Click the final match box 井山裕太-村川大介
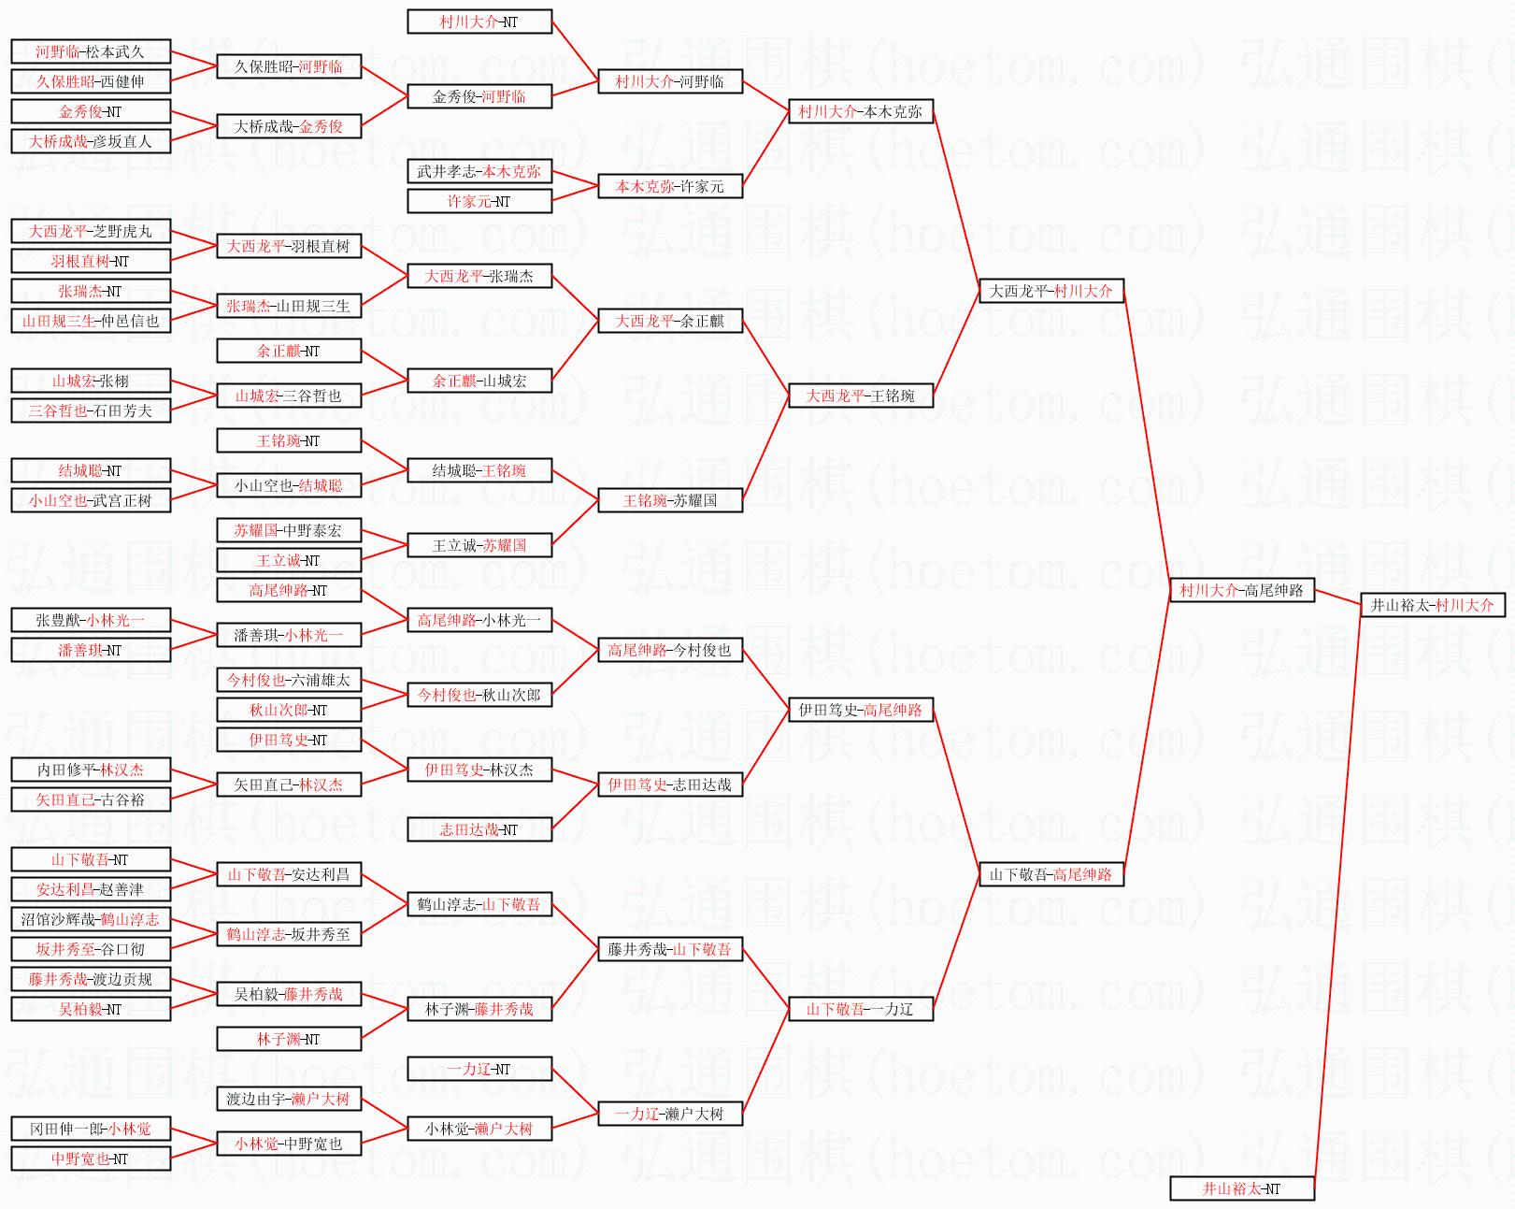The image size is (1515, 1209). tap(1432, 605)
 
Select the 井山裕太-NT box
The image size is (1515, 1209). tap(1241, 1188)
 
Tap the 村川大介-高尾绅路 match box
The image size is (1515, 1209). tap(1241, 590)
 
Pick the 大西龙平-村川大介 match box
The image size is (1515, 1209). tap(1050, 291)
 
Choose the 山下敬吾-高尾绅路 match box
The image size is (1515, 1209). tap(1050, 874)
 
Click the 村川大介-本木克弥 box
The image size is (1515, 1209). tap(860, 111)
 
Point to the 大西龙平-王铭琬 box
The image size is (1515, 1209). tap(860, 396)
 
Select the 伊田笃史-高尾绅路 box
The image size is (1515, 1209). tap(860, 710)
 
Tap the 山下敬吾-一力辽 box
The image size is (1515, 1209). tap(860, 1009)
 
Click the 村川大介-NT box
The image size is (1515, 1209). tap(479, 22)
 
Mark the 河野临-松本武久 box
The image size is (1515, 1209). tap(91, 51)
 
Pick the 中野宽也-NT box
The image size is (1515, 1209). tap(91, 1159)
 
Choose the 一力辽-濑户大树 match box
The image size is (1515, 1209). tap(669, 1114)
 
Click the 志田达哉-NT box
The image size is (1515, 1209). tap(479, 829)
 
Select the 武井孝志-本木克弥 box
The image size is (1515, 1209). tap(479, 171)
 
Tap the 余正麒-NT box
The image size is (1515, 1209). tap(288, 351)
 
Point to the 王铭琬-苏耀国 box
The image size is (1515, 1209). tap(669, 500)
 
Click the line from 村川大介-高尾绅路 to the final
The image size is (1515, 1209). tap(1337, 597)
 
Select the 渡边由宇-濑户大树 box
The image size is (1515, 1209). tap(288, 1099)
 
